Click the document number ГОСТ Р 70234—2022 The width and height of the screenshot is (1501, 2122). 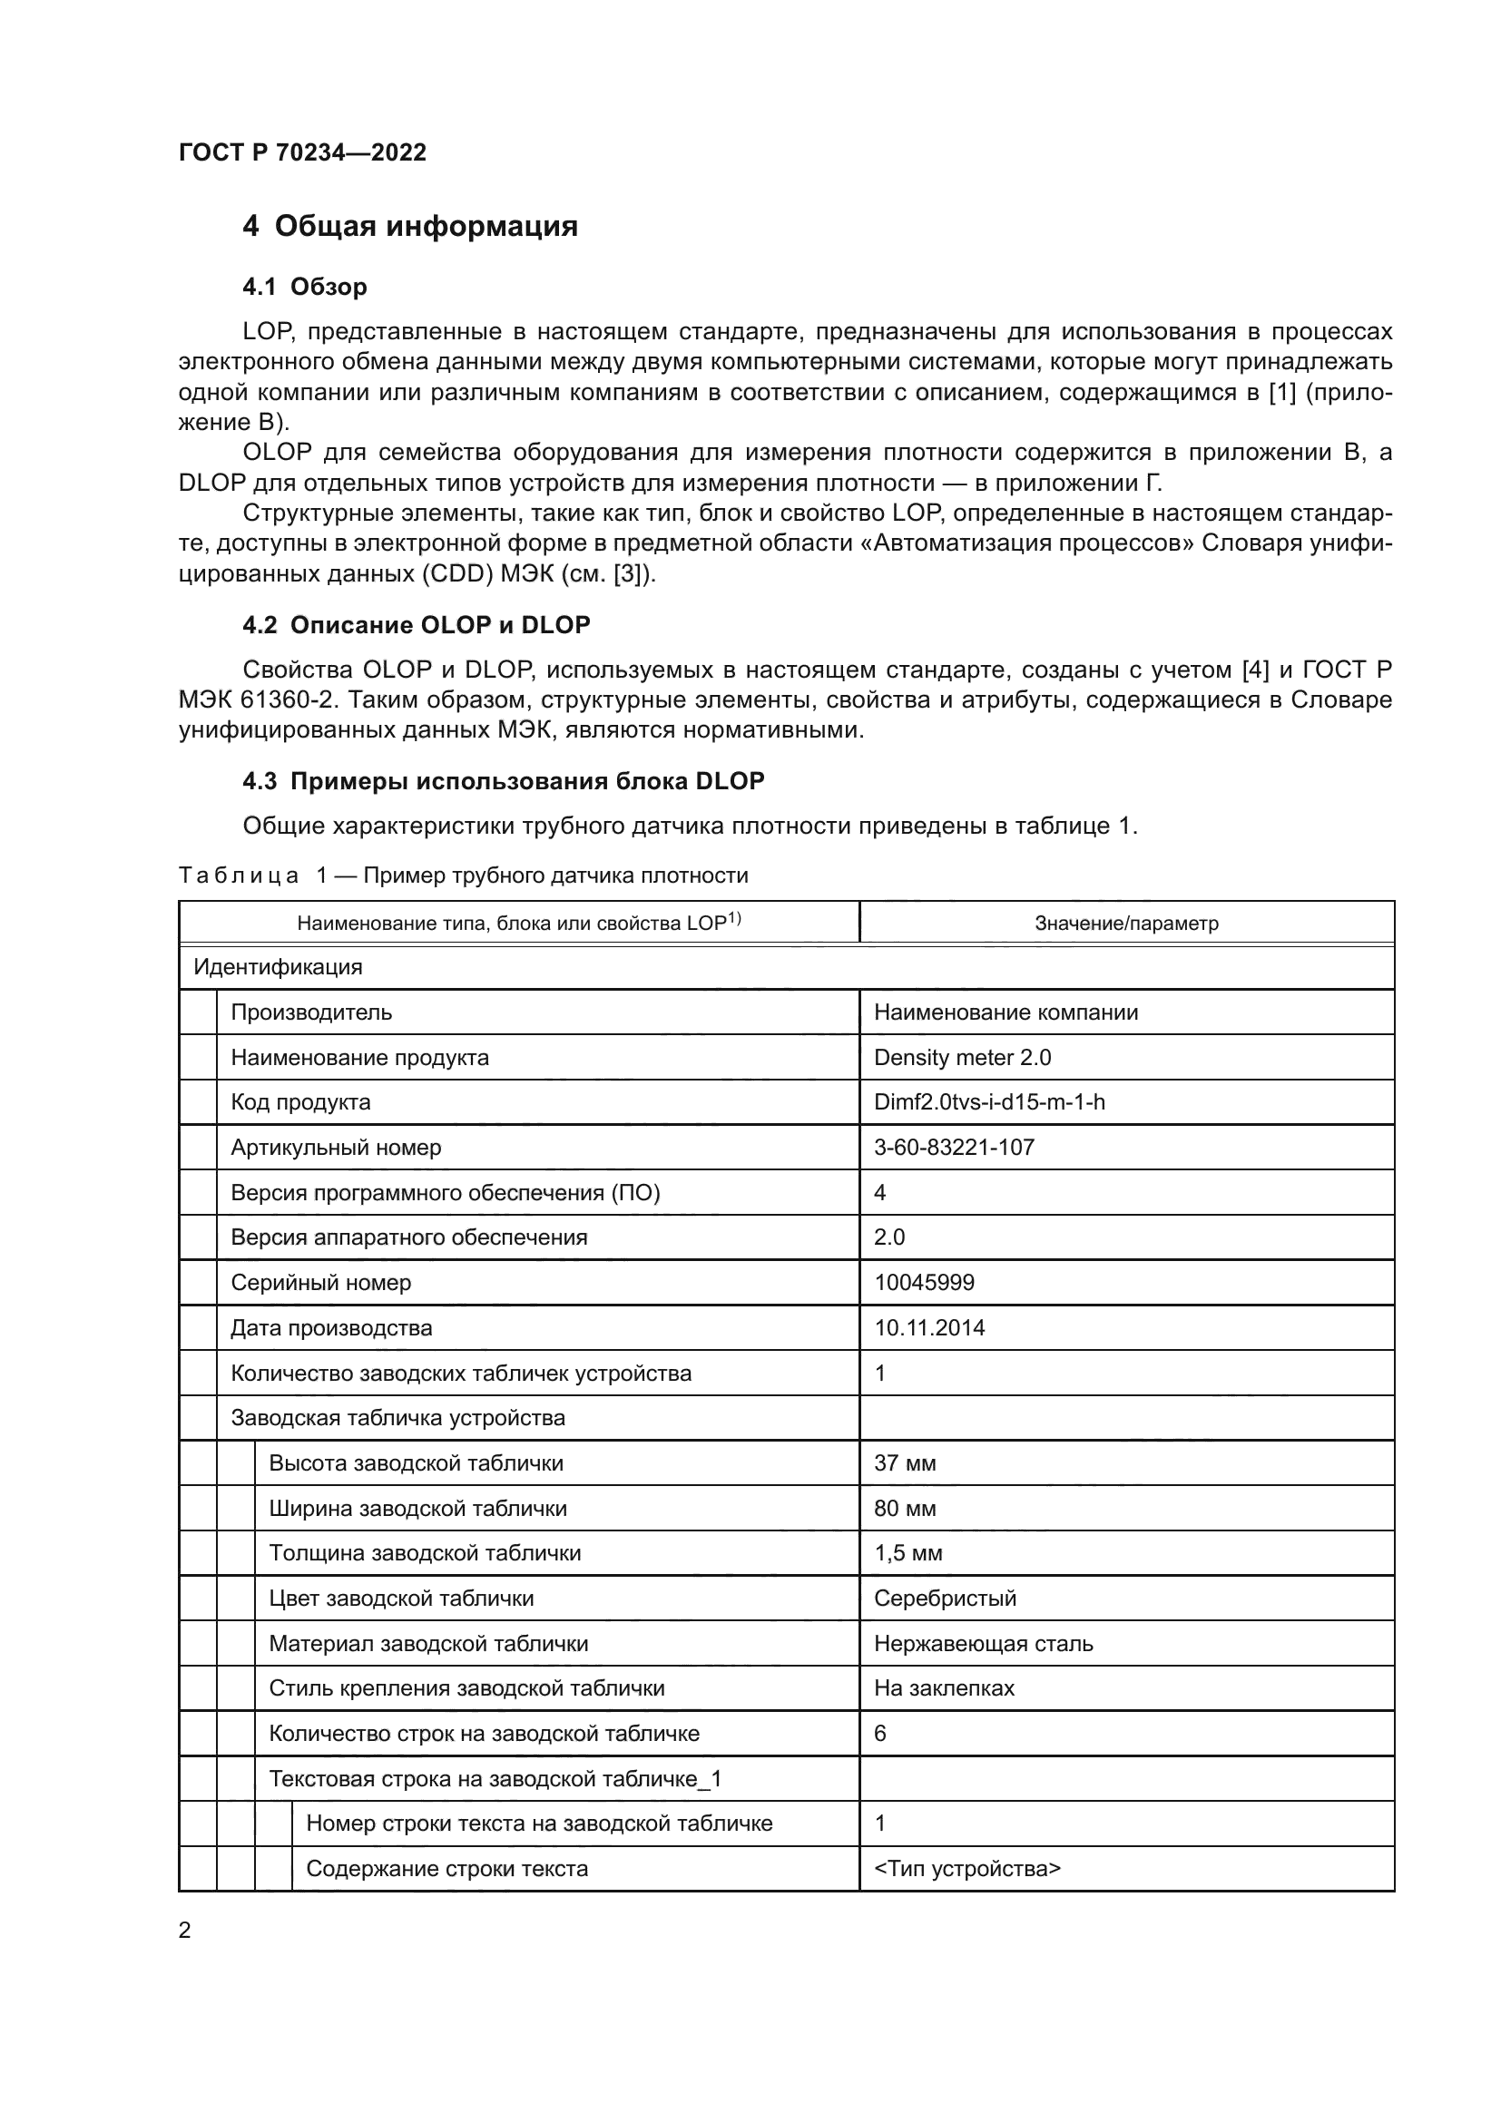[x=302, y=152]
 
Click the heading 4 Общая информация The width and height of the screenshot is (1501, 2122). [x=409, y=227]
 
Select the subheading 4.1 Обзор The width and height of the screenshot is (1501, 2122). [x=304, y=288]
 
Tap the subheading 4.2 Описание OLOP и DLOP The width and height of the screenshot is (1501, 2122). [x=416, y=626]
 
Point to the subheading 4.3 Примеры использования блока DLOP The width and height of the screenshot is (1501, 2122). [x=503, y=782]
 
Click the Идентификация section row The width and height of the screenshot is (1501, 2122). [x=278, y=968]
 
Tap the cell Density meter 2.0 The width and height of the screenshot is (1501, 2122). [x=962, y=1057]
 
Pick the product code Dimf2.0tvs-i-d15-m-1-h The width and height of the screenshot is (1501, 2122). [x=989, y=1102]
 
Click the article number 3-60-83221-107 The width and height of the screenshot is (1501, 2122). [x=954, y=1148]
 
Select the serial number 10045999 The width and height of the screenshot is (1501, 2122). [x=923, y=1283]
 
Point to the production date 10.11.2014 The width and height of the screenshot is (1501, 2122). [x=929, y=1328]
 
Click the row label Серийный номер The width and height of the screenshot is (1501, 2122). [x=320, y=1283]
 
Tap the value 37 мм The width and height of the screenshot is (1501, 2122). [x=905, y=1464]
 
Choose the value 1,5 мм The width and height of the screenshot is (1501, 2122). [x=907, y=1553]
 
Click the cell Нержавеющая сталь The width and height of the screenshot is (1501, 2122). [x=983, y=1644]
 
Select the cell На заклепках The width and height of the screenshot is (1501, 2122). [x=944, y=1688]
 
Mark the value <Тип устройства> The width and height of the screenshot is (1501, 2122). [x=966, y=1869]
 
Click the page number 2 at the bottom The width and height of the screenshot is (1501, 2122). [x=185, y=1931]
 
